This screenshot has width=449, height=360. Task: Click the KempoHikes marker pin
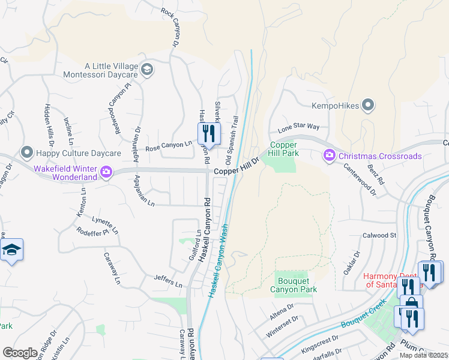[x=369, y=106]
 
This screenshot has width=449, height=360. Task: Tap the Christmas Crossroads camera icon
[x=330, y=156]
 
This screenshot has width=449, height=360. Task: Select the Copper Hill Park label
[x=284, y=149]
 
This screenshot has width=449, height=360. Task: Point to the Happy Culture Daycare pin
[x=26, y=154]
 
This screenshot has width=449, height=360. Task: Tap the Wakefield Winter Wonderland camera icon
[x=106, y=173]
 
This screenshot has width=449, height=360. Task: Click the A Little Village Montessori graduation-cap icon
[x=147, y=71]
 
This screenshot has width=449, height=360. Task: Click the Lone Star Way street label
[x=298, y=128]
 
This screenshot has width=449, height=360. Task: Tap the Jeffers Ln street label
[x=167, y=281]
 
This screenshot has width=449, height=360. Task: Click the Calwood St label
[x=379, y=235]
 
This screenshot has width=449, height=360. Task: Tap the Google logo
[x=20, y=353]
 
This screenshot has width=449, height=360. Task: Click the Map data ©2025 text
[x=423, y=355]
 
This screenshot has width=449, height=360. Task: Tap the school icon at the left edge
[x=11, y=251]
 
